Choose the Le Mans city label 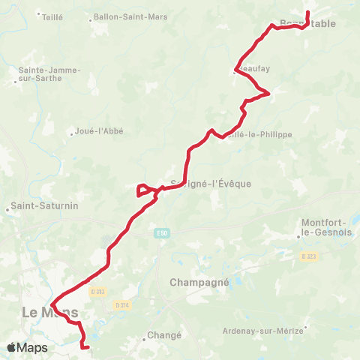(x=50, y=311)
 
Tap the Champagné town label (x=193, y=283)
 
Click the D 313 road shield (x=95, y=291)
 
